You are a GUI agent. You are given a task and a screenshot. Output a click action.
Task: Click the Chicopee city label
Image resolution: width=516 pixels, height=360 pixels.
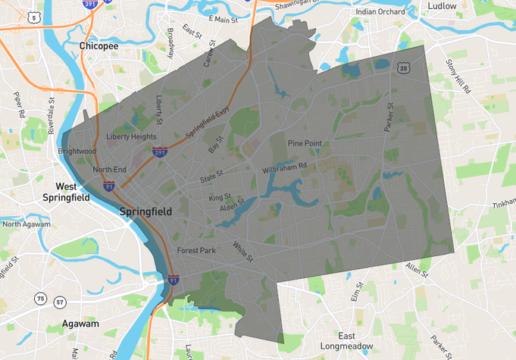pyautogui.click(x=99, y=46)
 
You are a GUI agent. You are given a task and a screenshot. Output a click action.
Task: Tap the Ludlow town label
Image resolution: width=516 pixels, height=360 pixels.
pyautogui.click(x=442, y=6)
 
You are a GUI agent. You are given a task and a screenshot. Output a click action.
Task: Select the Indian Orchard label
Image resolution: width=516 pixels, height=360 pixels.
pyautogui.click(x=381, y=12)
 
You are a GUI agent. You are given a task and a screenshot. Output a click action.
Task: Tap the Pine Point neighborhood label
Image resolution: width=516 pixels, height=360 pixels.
pyautogui.click(x=305, y=143)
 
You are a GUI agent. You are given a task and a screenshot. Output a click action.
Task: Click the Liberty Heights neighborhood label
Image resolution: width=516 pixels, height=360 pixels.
pyautogui.click(x=131, y=137)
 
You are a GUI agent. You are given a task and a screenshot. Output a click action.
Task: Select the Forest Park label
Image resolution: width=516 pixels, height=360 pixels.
pyautogui.click(x=197, y=251)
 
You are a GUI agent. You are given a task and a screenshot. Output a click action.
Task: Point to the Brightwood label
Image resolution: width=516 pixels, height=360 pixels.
pyautogui.click(x=77, y=152)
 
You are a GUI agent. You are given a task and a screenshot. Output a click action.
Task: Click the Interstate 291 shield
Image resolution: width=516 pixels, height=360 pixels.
pyautogui.click(x=160, y=152)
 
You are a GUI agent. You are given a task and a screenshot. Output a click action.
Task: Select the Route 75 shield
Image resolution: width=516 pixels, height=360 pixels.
pyautogui.click(x=40, y=299)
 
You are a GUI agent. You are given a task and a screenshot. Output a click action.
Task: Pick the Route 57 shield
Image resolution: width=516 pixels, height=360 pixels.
pyautogui.click(x=60, y=302)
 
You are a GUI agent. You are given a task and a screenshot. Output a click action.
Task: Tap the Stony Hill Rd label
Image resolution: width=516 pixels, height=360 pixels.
pyautogui.click(x=458, y=76)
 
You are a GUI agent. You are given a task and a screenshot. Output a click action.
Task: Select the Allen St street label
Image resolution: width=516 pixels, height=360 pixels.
pyautogui.click(x=417, y=270)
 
